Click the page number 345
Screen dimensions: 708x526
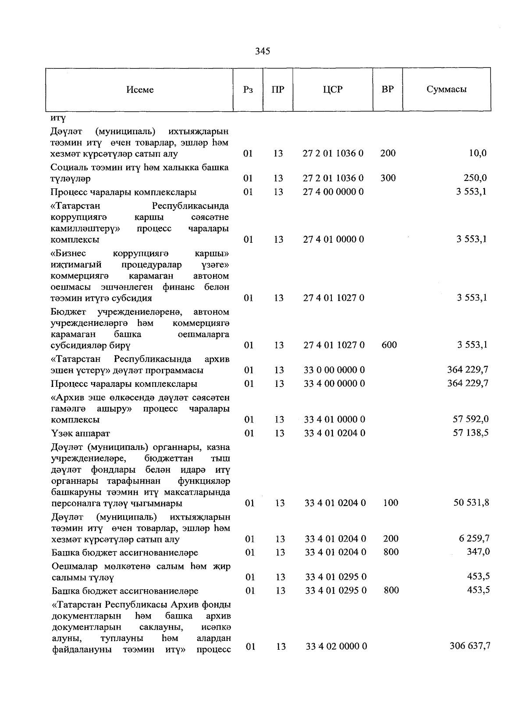[263, 51]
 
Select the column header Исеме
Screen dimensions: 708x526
[140, 90]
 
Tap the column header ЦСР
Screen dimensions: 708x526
[333, 89]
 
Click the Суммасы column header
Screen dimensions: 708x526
[446, 89]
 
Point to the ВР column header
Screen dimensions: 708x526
[387, 89]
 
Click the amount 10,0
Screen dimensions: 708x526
[477, 153]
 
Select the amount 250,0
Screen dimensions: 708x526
[475, 178]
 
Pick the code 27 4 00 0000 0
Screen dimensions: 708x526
[333, 192]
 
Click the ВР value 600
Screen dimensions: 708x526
[389, 345]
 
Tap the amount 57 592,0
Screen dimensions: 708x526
[470, 419]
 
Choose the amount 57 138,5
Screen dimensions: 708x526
[470, 433]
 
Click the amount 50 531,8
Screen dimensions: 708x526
[471, 503]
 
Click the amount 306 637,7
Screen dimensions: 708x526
[469, 646]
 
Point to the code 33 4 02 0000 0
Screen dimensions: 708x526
[336, 646]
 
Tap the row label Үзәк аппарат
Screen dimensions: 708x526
[81, 433]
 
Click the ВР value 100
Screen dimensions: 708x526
[390, 503]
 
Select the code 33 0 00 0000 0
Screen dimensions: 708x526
[334, 370]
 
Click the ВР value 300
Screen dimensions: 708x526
[388, 178]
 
